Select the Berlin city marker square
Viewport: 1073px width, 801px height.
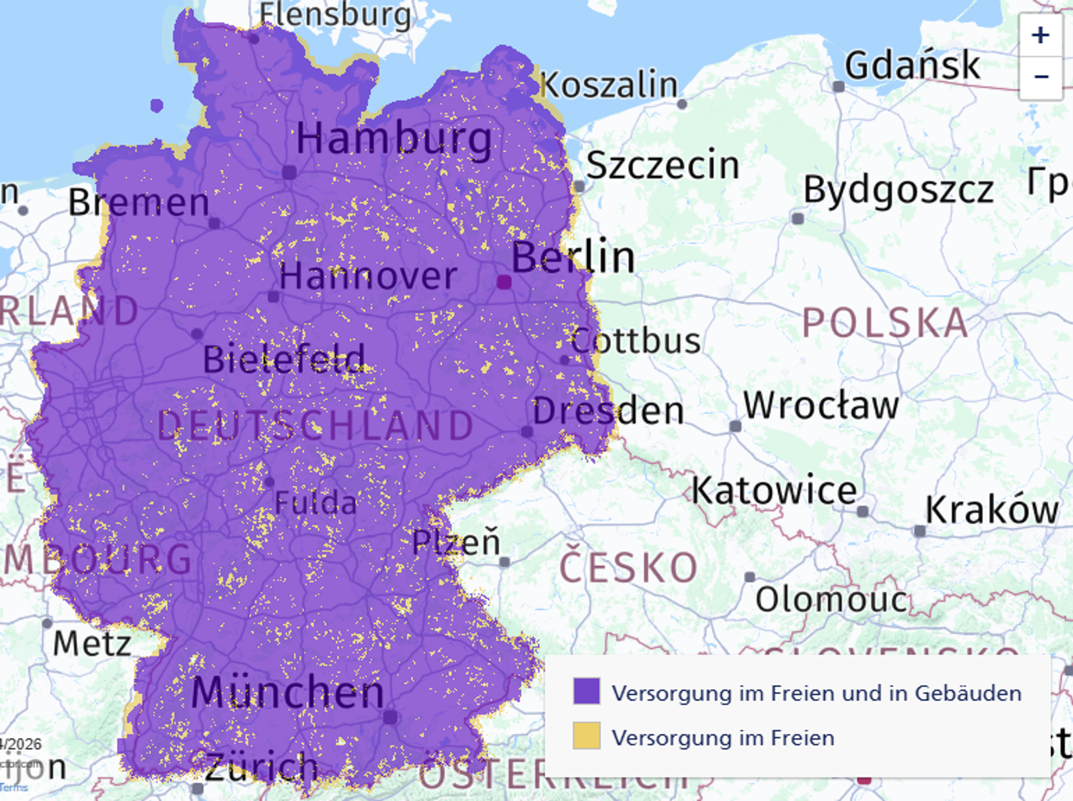(x=504, y=282)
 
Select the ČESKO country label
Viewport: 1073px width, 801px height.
(x=629, y=568)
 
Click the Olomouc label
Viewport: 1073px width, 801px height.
(x=831, y=600)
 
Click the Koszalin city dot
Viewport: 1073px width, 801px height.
(x=682, y=104)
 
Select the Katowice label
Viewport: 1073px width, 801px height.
(x=774, y=491)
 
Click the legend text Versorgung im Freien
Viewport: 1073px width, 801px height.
(x=723, y=738)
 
